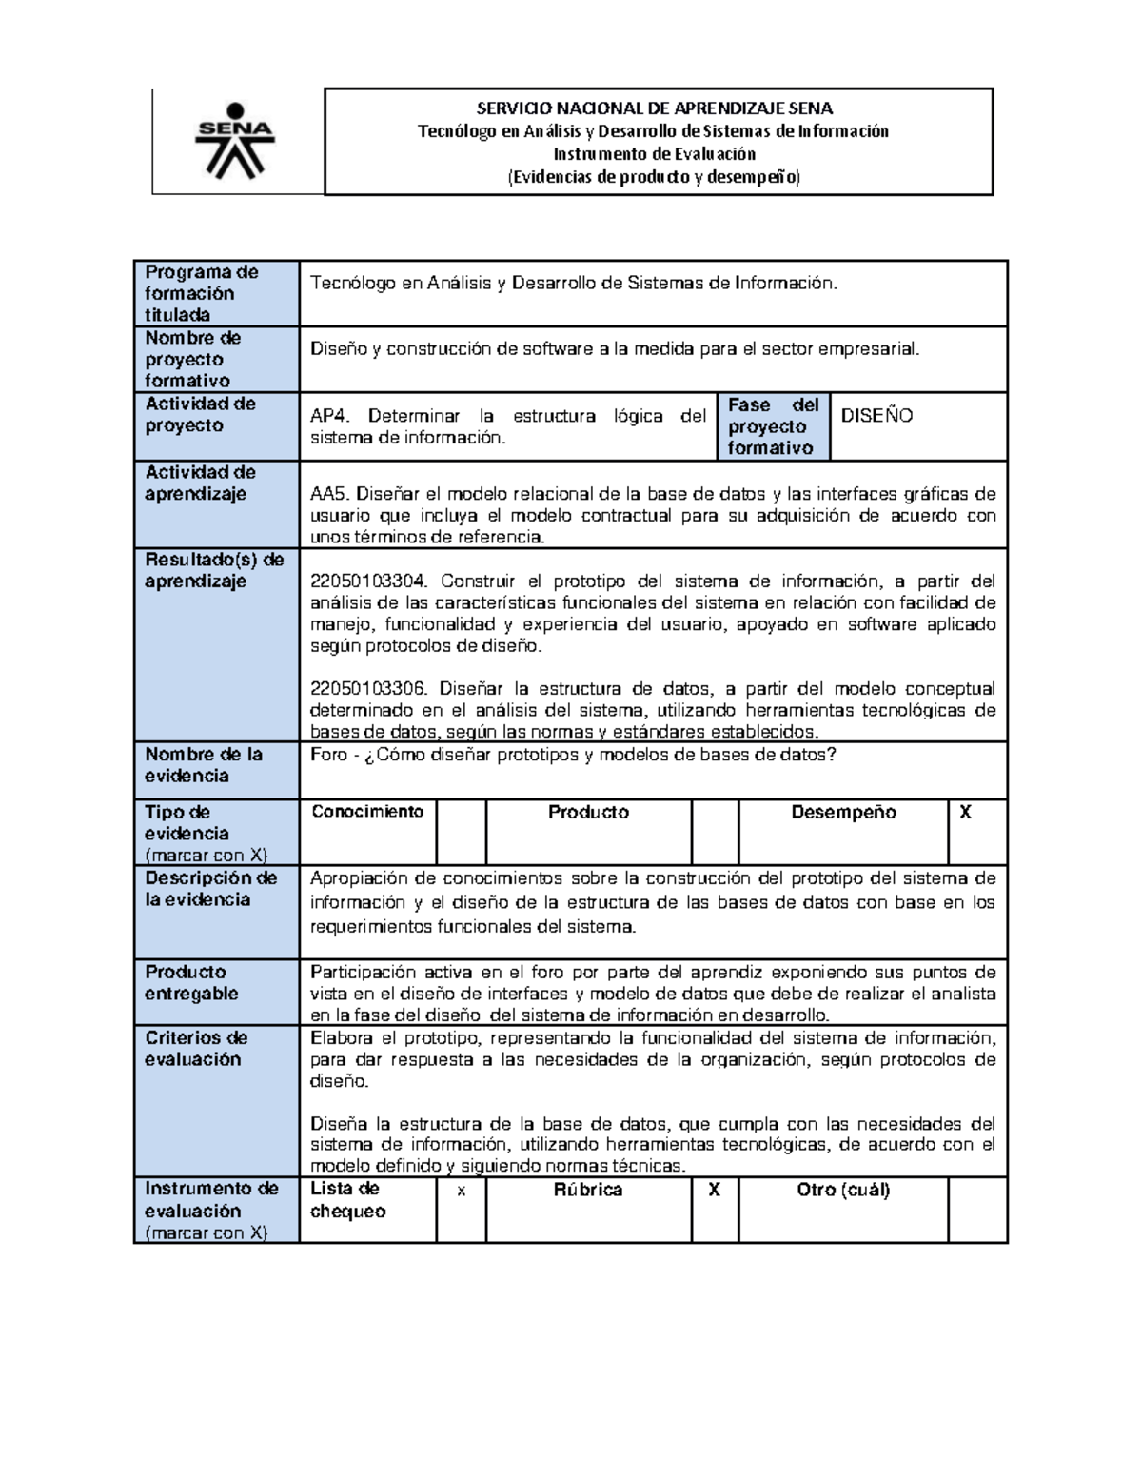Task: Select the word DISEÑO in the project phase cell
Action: coord(877,416)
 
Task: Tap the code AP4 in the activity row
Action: coord(329,416)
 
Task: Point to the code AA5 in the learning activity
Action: coord(329,494)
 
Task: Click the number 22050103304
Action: coord(369,581)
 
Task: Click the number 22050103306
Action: coord(369,689)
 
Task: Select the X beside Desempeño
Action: coord(965,813)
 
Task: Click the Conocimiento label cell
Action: coord(367,812)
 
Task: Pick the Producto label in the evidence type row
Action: coord(588,813)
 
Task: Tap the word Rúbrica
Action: coord(588,1191)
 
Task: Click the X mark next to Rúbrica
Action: coord(715,1191)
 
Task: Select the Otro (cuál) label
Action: coord(843,1191)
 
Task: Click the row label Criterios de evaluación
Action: coord(196,1049)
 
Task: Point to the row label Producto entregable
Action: coord(191,983)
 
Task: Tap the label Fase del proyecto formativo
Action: coord(772,426)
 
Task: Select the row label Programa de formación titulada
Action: coord(201,293)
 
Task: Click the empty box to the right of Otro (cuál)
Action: coord(977,1210)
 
